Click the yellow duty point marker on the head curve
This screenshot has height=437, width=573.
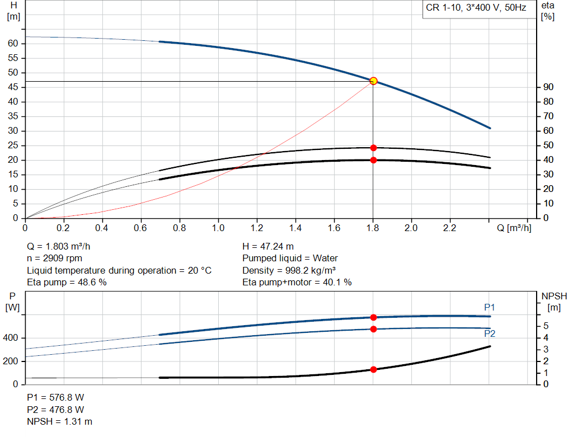tap(373, 81)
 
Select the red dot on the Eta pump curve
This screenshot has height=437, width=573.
tap(373, 148)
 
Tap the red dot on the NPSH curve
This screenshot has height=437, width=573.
tap(373, 369)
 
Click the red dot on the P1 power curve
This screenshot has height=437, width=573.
tap(373, 317)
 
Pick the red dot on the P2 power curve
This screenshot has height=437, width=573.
tap(373, 329)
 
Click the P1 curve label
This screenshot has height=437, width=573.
tap(490, 307)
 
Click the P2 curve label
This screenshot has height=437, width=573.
tap(490, 333)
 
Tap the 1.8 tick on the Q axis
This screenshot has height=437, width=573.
tap(373, 228)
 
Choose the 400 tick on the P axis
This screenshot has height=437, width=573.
tap(12, 338)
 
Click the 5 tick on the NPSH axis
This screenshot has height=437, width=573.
tap(546, 326)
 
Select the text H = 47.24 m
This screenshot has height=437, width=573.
tap(268, 246)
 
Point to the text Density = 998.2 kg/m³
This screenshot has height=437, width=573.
tap(289, 270)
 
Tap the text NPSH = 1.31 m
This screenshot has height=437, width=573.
tap(60, 421)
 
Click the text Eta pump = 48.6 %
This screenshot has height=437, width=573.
tap(67, 283)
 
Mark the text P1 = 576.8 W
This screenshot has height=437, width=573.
tap(55, 397)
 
